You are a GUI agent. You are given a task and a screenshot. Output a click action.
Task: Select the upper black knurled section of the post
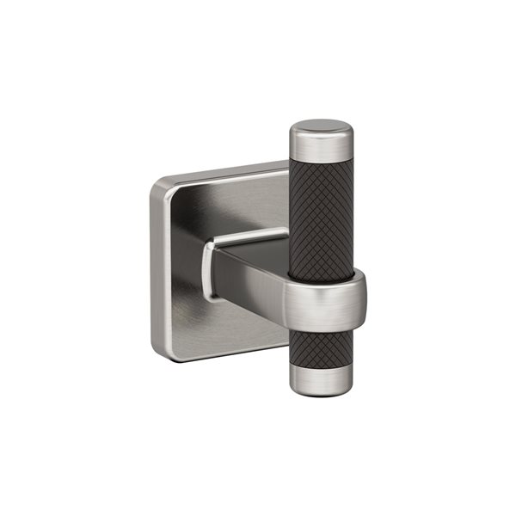click(321, 211)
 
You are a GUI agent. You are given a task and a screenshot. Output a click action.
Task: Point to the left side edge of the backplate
click(153, 267)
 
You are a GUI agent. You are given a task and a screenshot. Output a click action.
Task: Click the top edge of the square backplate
click(224, 169)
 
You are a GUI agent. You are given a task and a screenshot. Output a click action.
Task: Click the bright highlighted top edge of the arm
click(249, 236)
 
